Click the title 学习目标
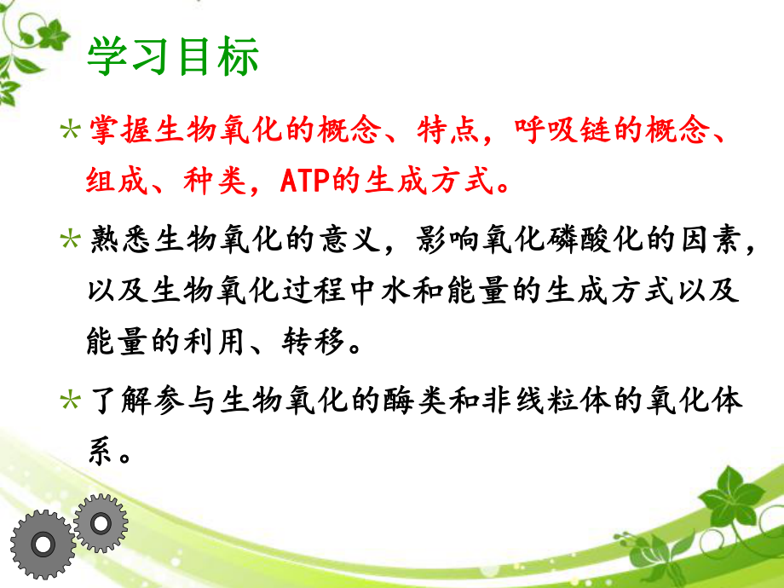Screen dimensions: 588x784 coord(172,59)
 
